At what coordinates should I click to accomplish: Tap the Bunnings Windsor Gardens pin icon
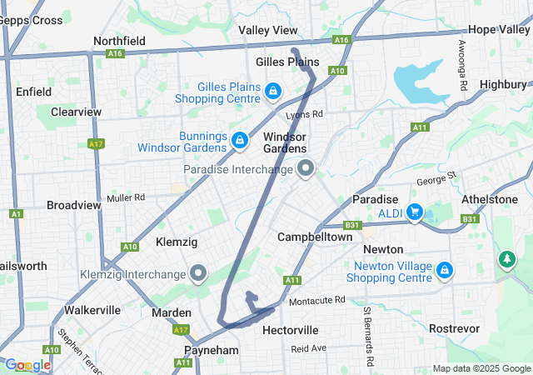[240, 139]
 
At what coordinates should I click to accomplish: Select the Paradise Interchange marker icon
[306, 169]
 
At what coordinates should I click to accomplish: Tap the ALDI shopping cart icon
[414, 212]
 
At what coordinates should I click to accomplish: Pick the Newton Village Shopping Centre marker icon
[445, 270]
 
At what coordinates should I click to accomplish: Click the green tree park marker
[506, 259]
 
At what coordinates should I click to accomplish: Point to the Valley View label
[267, 30]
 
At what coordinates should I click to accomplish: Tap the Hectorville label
[291, 330]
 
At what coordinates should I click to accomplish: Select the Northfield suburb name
[119, 40]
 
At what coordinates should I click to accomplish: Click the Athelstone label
[495, 199]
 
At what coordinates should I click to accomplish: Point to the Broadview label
[73, 204]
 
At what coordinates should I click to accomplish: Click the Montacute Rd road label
[316, 300]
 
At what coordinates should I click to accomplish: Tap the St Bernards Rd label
[366, 338]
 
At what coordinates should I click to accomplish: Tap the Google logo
[27, 365]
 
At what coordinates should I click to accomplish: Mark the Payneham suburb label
[212, 351]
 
